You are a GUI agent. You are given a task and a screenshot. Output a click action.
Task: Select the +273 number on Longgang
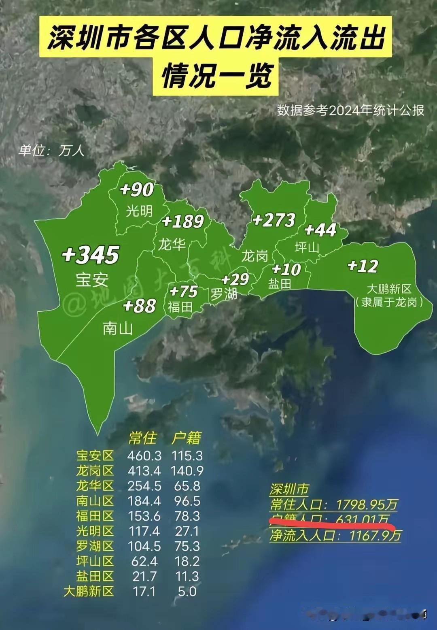pyautogui.click(x=274, y=220)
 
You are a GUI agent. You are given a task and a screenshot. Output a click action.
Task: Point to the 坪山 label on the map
pyautogui.click(x=306, y=247)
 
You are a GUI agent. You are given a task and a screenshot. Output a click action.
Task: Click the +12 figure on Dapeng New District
pyautogui.click(x=363, y=266)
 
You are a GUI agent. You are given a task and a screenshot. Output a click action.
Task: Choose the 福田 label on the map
pyautogui.click(x=180, y=307)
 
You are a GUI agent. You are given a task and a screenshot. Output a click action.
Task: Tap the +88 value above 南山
pyautogui.click(x=140, y=306)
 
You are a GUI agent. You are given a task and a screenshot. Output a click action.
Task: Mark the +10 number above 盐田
pyautogui.click(x=286, y=269)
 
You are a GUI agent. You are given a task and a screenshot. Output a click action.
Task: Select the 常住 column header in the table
pyautogui.click(x=142, y=438)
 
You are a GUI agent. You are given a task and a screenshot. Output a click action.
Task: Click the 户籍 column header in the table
pyautogui.click(x=186, y=438)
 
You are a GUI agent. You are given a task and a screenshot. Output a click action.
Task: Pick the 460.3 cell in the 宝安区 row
pyautogui.click(x=144, y=456)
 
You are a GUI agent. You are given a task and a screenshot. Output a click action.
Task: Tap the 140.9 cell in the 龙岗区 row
pyautogui.click(x=187, y=471)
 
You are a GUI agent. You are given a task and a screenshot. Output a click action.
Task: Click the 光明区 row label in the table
pyautogui.click(x=95, y=531)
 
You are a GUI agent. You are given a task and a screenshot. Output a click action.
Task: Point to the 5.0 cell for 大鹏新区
pyautogui.click(x=187, y=591)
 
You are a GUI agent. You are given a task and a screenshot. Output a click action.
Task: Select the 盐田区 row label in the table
pyautogui.click(x=95, y=576)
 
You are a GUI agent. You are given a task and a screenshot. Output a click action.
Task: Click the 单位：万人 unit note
pyautogui.click(x=51, y=151)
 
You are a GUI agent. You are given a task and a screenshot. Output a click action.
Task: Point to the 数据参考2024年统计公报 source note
pyautogui.click(x=350, y=110)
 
